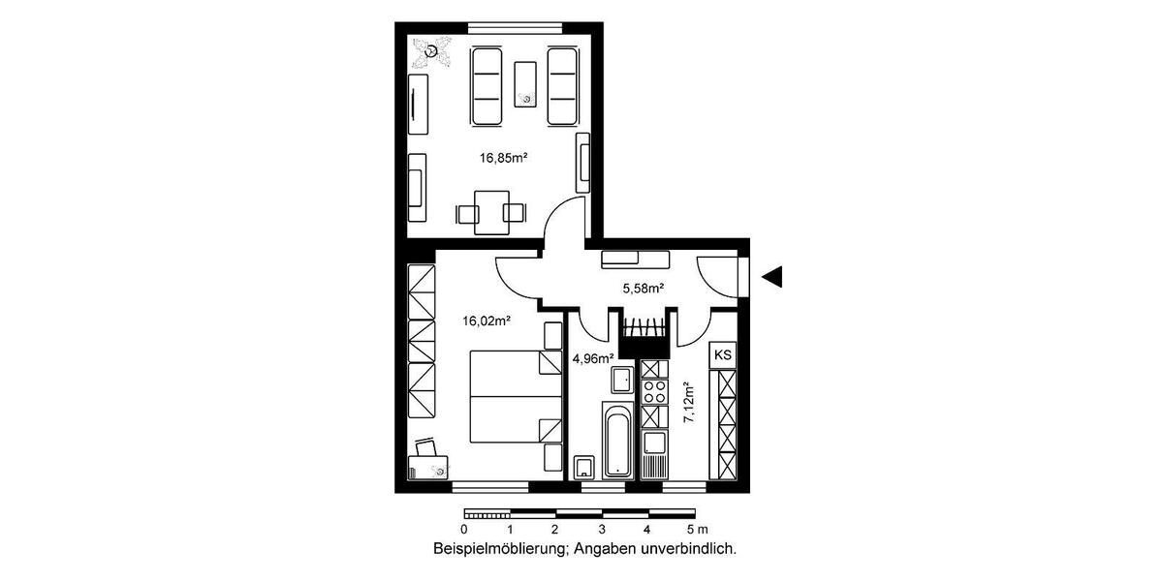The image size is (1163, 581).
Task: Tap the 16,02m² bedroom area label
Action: pos(487,320)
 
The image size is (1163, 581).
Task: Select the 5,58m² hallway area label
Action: pos(642,288)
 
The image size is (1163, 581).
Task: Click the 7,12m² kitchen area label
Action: pos(689,406)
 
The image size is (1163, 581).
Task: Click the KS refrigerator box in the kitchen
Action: pos(723,355)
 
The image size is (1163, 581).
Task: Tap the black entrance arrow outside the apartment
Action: pos(771,277)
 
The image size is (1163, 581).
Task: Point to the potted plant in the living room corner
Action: pos(430,50)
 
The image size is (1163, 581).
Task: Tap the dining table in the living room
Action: pos(490,210)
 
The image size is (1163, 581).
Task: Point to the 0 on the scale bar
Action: pos(464,530)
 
